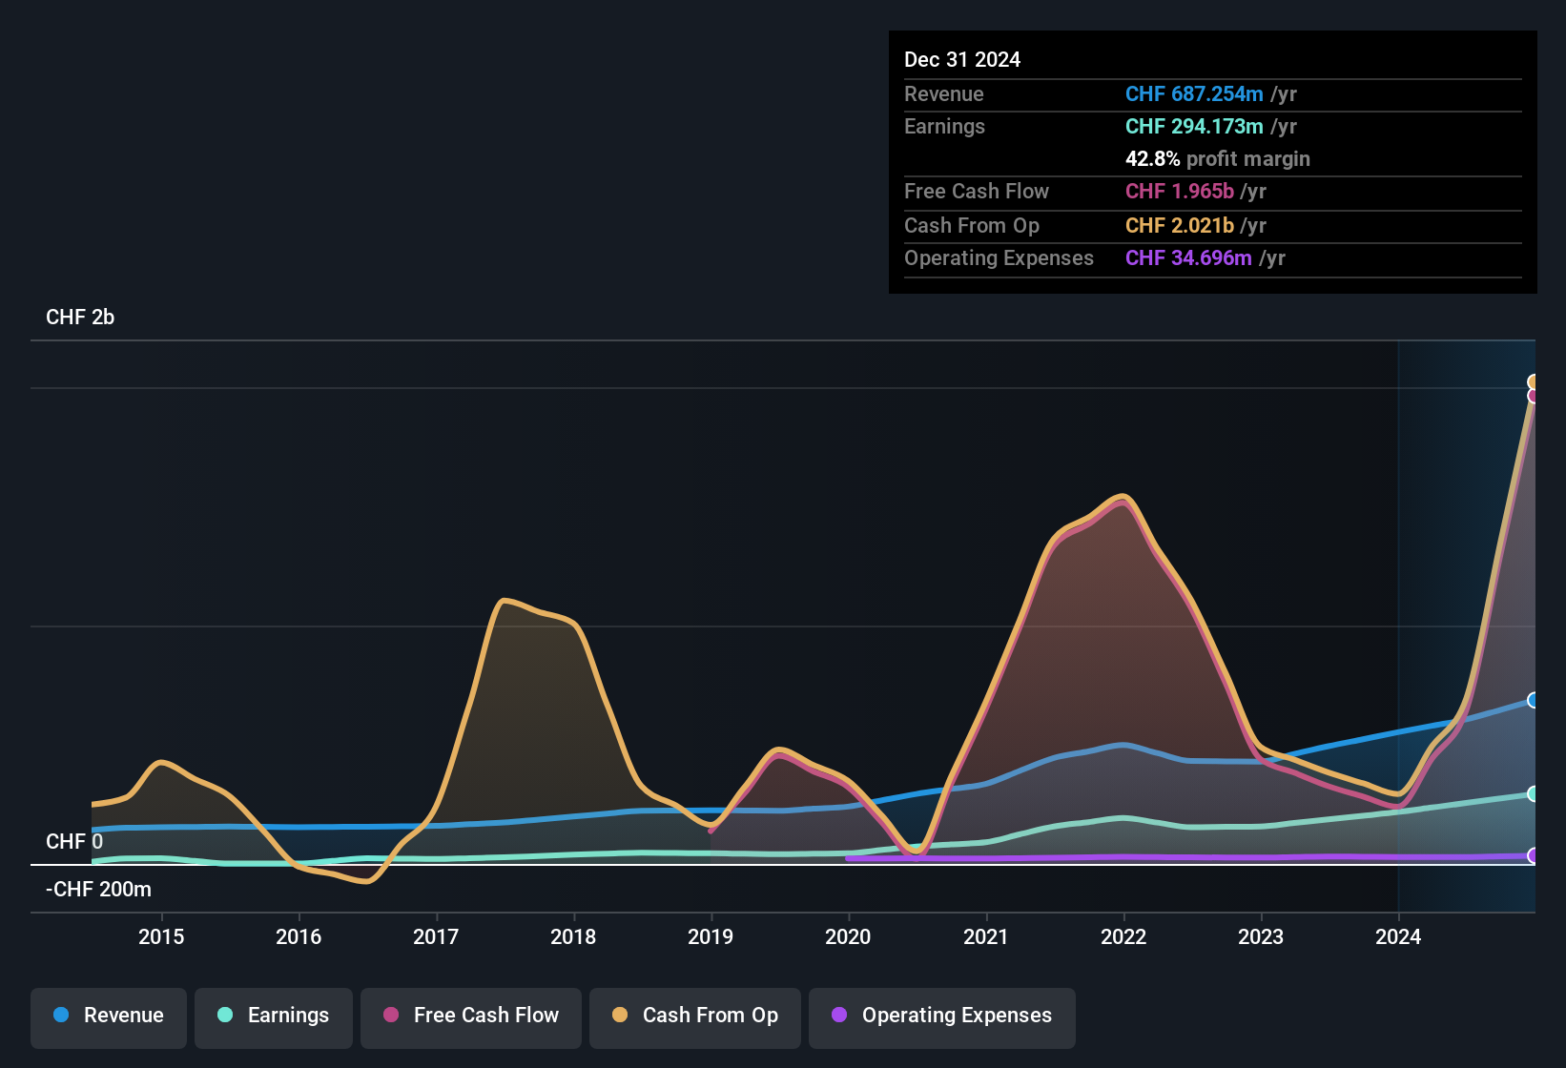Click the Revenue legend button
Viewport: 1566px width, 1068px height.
(x=109, y=1016)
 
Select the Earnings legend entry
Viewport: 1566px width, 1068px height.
(x=274, y=1016)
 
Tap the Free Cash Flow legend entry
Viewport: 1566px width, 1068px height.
(x=471, y=1016)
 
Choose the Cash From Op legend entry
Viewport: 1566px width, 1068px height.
(x=695, y=1016)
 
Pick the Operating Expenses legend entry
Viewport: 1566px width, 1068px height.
(x=942, y=1016)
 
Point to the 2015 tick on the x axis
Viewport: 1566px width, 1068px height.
(x=161, y=936)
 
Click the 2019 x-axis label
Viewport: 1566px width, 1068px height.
(x=711, y=936)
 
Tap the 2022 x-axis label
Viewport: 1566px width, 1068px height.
(x=1123, y=936)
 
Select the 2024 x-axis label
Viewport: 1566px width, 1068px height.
(x=1398, y=936)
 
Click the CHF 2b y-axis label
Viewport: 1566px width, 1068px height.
(x=80, y=318)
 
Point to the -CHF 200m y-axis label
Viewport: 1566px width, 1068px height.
(x=98, y=890)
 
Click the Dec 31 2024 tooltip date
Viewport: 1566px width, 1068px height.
(x=962, y=60)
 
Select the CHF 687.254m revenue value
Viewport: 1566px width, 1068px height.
(x=1194, y=94)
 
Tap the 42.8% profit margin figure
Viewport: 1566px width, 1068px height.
(x=1152, y=159)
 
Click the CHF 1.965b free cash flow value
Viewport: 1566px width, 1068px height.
(x=1180, y=192)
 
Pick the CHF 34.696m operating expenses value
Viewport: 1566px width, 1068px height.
(x=1188, y=258)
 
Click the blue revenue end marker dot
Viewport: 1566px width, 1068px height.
(x=1533, y=700)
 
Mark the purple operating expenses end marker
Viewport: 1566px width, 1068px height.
(x=1533, y=855)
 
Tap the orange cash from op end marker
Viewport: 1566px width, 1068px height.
(x=1533, y=382)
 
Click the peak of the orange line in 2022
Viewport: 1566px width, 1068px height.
(x=1123, y=496)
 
